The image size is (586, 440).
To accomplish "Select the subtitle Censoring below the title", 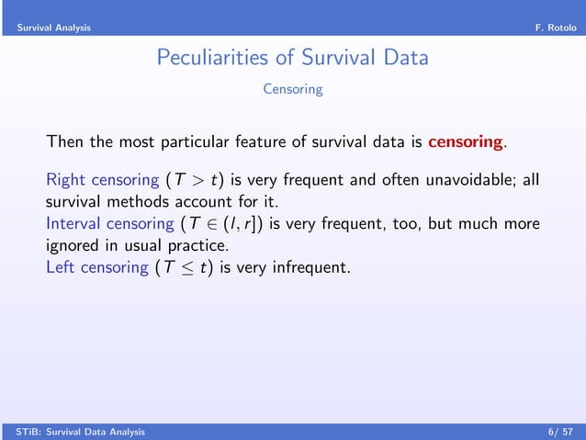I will click(292, 89).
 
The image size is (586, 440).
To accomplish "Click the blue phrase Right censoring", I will click(102, 178).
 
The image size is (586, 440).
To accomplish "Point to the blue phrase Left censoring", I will click(96, 267).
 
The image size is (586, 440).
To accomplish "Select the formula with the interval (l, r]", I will click(221, 223).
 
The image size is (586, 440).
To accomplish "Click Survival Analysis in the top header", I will click(53, 28).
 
